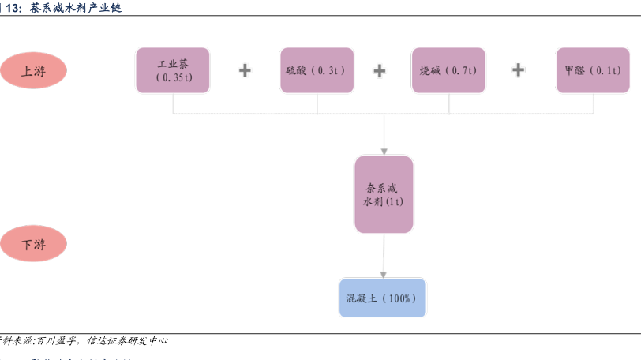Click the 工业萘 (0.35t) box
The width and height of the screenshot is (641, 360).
click(x=173, y=70)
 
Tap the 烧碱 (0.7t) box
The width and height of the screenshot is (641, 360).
click(x=448, y=70)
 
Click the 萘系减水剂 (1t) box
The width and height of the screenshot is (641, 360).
click(x=384, y=194)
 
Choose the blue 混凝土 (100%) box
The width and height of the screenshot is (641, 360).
click(x=382, y=298)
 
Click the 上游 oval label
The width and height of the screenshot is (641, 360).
click(x=33, y=70)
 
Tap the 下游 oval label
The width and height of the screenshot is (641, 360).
click(x=33, y=244)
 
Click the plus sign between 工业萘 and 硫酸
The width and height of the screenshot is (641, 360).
click(x=245, y=70)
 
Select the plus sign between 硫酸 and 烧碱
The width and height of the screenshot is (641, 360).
click(x=379, y=70)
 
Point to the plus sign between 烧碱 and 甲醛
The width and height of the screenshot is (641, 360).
click(x=518, y=70)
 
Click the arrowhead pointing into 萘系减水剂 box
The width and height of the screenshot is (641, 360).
click(x=384, y=150)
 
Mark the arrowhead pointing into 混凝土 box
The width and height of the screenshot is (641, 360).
click(x=384, y=273)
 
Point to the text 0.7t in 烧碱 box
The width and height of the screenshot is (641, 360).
click(x=463, y=70)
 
